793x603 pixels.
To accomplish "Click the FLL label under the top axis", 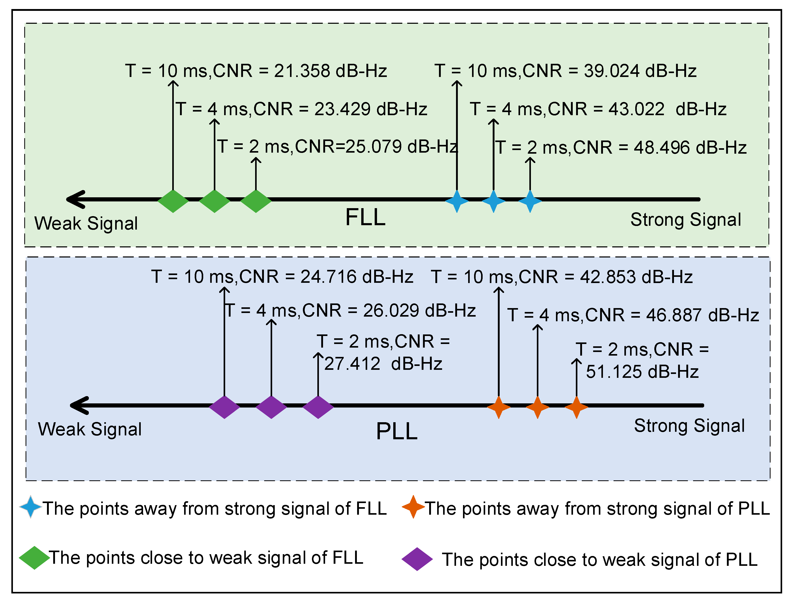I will (365, 217).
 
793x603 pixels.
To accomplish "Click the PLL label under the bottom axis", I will (397, 431).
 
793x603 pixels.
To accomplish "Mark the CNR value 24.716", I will (328, 277).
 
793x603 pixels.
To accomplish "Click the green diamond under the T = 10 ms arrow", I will (173, 201).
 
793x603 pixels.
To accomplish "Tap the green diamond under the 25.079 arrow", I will (256, 201).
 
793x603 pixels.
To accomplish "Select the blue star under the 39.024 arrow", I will (457, 201).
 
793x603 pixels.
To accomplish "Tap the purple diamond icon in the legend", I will (417, 559).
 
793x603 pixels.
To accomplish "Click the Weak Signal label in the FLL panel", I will (86, 223).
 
